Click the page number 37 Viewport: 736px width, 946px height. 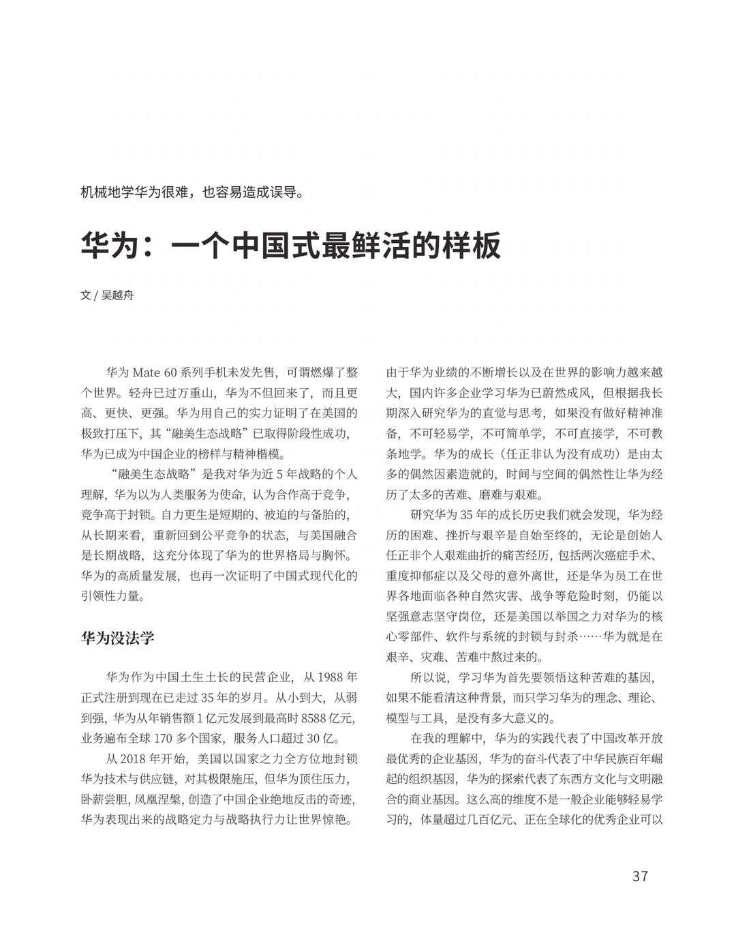pos(639,876)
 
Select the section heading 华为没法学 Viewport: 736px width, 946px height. pos(117,638)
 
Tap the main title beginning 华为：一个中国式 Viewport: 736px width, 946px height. pos(291,246)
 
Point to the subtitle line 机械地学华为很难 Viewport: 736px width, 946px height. pos(191,192)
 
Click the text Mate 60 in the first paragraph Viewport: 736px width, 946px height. pos(156,373)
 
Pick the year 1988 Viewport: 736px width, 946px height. pos(330,679)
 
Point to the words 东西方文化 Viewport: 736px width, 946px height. pos(581,779)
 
